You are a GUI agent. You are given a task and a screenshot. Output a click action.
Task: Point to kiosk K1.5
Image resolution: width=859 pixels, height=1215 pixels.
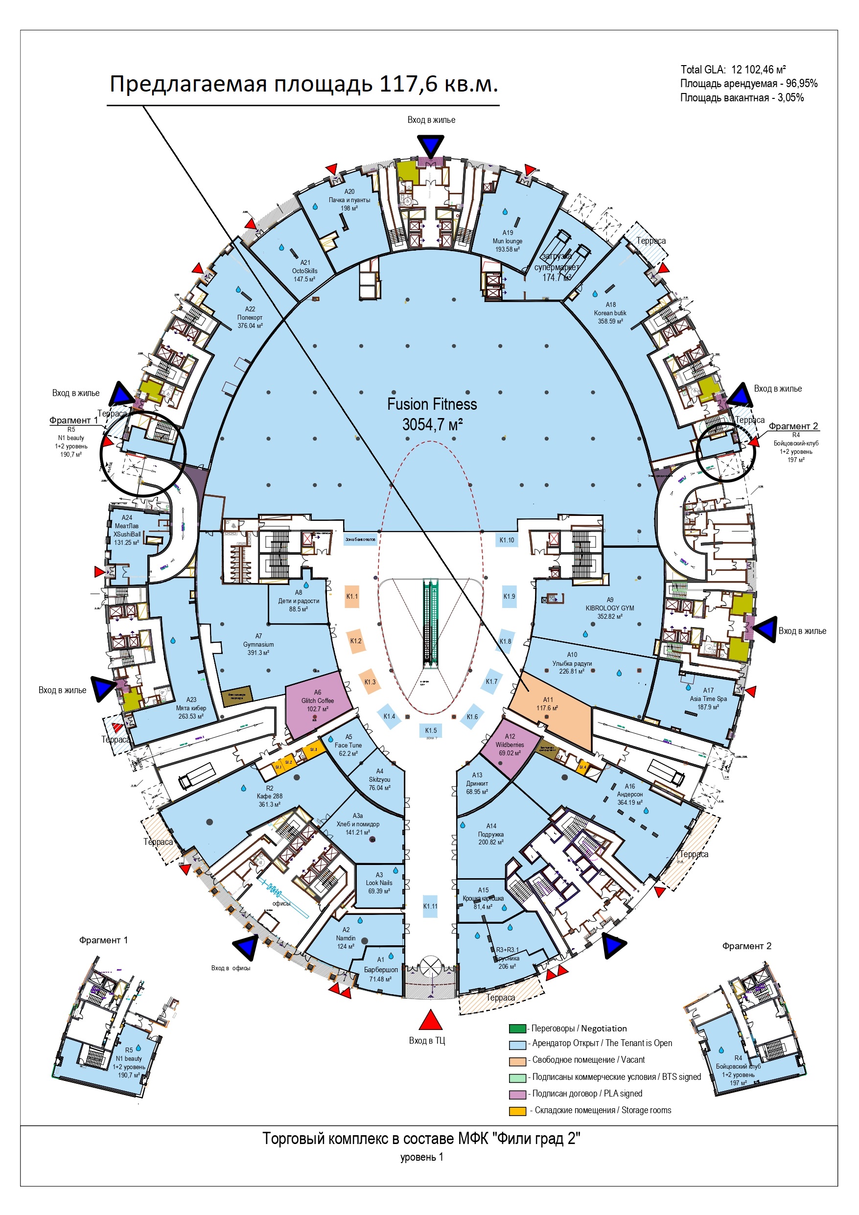pyautogui.click(x=431, y=730)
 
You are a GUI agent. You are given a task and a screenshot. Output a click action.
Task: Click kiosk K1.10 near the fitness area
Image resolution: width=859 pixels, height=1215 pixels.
pyautogui.click(x=507, y=540)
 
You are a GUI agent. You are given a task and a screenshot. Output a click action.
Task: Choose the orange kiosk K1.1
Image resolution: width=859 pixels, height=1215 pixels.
pyautogui.click(x=352, y=596)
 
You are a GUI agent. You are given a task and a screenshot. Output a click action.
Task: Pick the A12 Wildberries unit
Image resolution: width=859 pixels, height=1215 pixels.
pyautogui.click(x=510, y=745)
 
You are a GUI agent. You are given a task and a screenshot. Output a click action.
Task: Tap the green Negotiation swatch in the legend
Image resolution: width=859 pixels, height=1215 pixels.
pyautogui.click(x=517, y=1028)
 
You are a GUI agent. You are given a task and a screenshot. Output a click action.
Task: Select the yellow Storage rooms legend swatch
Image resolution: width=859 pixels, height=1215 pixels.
pyautogui.click(x=517, y=1111)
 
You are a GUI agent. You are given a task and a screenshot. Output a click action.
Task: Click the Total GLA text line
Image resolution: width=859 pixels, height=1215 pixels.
pyautogui.click(x=733, y=70)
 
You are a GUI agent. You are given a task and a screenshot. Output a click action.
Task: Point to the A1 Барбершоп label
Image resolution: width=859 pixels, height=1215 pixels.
pyautogui.click(x=380, y=969)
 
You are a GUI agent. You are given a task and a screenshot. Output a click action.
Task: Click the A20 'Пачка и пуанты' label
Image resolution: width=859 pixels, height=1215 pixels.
pyautogui.click(x=349, y=200)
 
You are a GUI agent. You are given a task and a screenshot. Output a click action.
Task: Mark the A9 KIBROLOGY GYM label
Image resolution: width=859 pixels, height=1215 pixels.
pyautogui.click(x=610, y=608)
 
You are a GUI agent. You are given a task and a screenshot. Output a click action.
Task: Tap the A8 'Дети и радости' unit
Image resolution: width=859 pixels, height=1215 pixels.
pyautogui.click(x=299, y=602)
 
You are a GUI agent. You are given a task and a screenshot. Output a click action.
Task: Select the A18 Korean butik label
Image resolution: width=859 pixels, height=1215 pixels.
pyautogui.click(x=610, y=313)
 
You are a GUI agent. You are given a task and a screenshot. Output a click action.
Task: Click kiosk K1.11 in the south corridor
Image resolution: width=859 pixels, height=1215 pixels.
pyautogui.click(x=430, y=906)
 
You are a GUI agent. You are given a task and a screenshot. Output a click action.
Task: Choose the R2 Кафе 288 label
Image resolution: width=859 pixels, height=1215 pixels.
pyautogui.click(x=269, y=796)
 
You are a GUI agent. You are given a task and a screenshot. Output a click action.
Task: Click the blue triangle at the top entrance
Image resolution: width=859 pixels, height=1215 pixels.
pyautogui.click(x=430, y=146)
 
